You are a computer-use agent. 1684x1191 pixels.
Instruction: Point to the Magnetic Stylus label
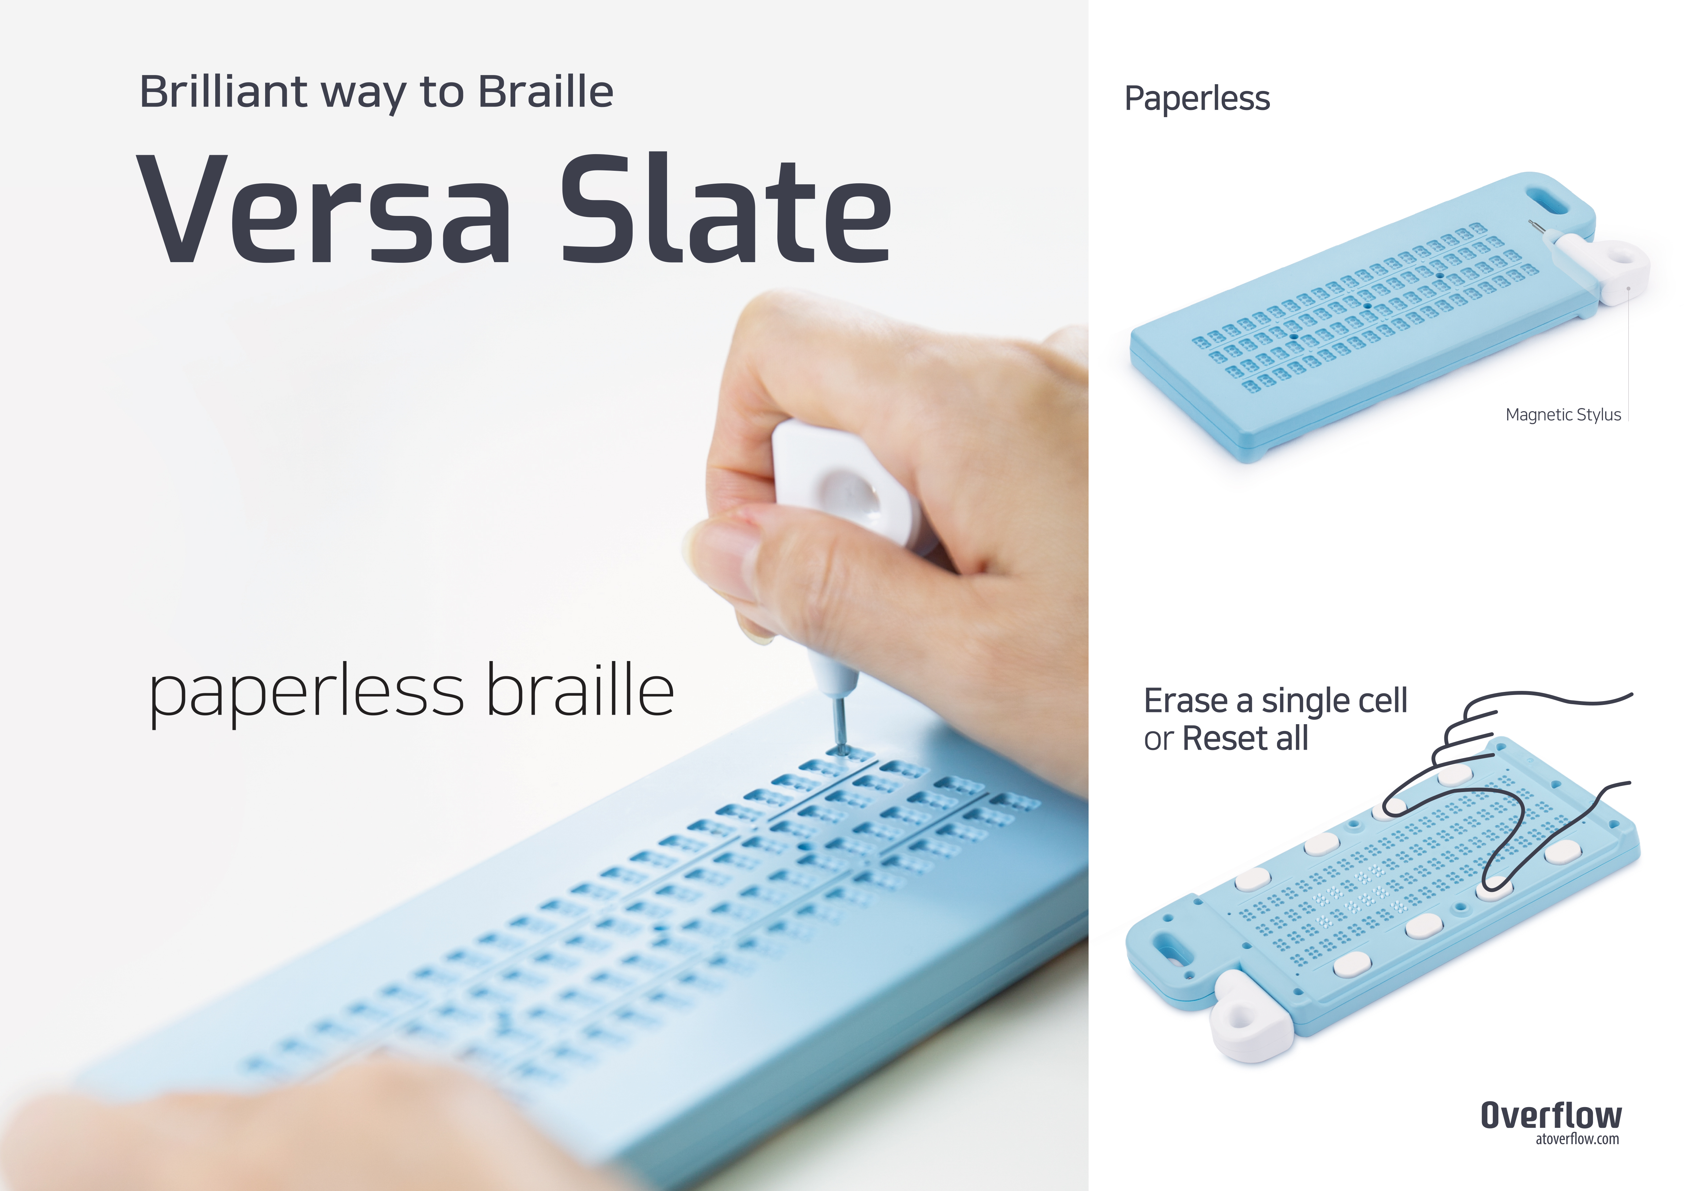point(1563,415)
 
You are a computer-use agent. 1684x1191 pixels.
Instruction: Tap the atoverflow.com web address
point(1577,1139)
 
